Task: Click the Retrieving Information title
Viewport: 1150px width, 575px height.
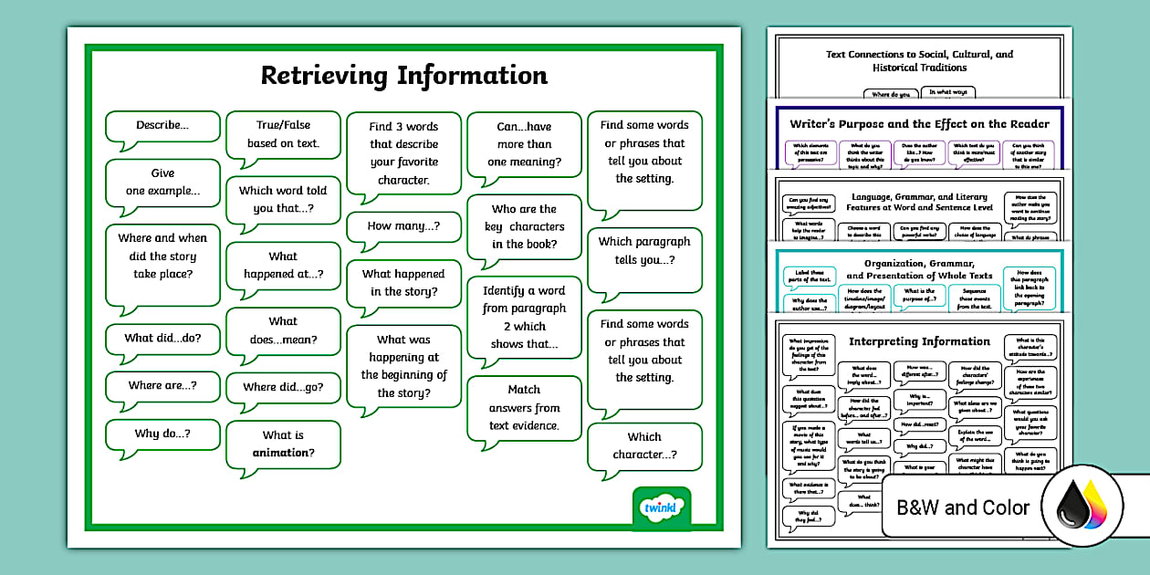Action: (x=404, y=75)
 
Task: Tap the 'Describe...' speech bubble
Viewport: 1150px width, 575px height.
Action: (x=162, y=126)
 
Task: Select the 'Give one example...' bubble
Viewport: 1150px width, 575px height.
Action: (x=162, y=183)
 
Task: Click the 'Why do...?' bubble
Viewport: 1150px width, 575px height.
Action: (x=162, y=434)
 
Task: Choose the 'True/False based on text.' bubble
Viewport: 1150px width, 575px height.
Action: (x=283, y=134)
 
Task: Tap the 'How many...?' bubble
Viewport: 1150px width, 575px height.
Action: (x=402, y=225)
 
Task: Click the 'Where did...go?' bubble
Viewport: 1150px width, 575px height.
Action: (x=283, y=387)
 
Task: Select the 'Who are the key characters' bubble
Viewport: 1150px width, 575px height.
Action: (x=524, y=226)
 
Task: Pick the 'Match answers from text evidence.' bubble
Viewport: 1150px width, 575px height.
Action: (x=524, y=407)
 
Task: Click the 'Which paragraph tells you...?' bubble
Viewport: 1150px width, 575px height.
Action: (x=644, y=251)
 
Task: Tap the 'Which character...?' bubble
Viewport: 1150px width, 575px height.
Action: (x=644, y=445)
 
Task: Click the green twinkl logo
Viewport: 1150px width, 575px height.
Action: (x=661, y=507)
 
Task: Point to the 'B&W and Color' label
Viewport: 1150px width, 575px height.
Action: (x=963, y=507)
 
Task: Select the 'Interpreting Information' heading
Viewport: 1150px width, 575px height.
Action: (x=919, y=341)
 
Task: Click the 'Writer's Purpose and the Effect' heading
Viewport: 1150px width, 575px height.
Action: (x=919, y=124)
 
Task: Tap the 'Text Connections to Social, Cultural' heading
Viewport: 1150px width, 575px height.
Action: (x=919, y=60)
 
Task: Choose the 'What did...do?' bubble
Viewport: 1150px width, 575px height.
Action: (x=162, y=338)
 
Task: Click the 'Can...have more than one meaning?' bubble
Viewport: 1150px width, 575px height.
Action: (x=524, y=143)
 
